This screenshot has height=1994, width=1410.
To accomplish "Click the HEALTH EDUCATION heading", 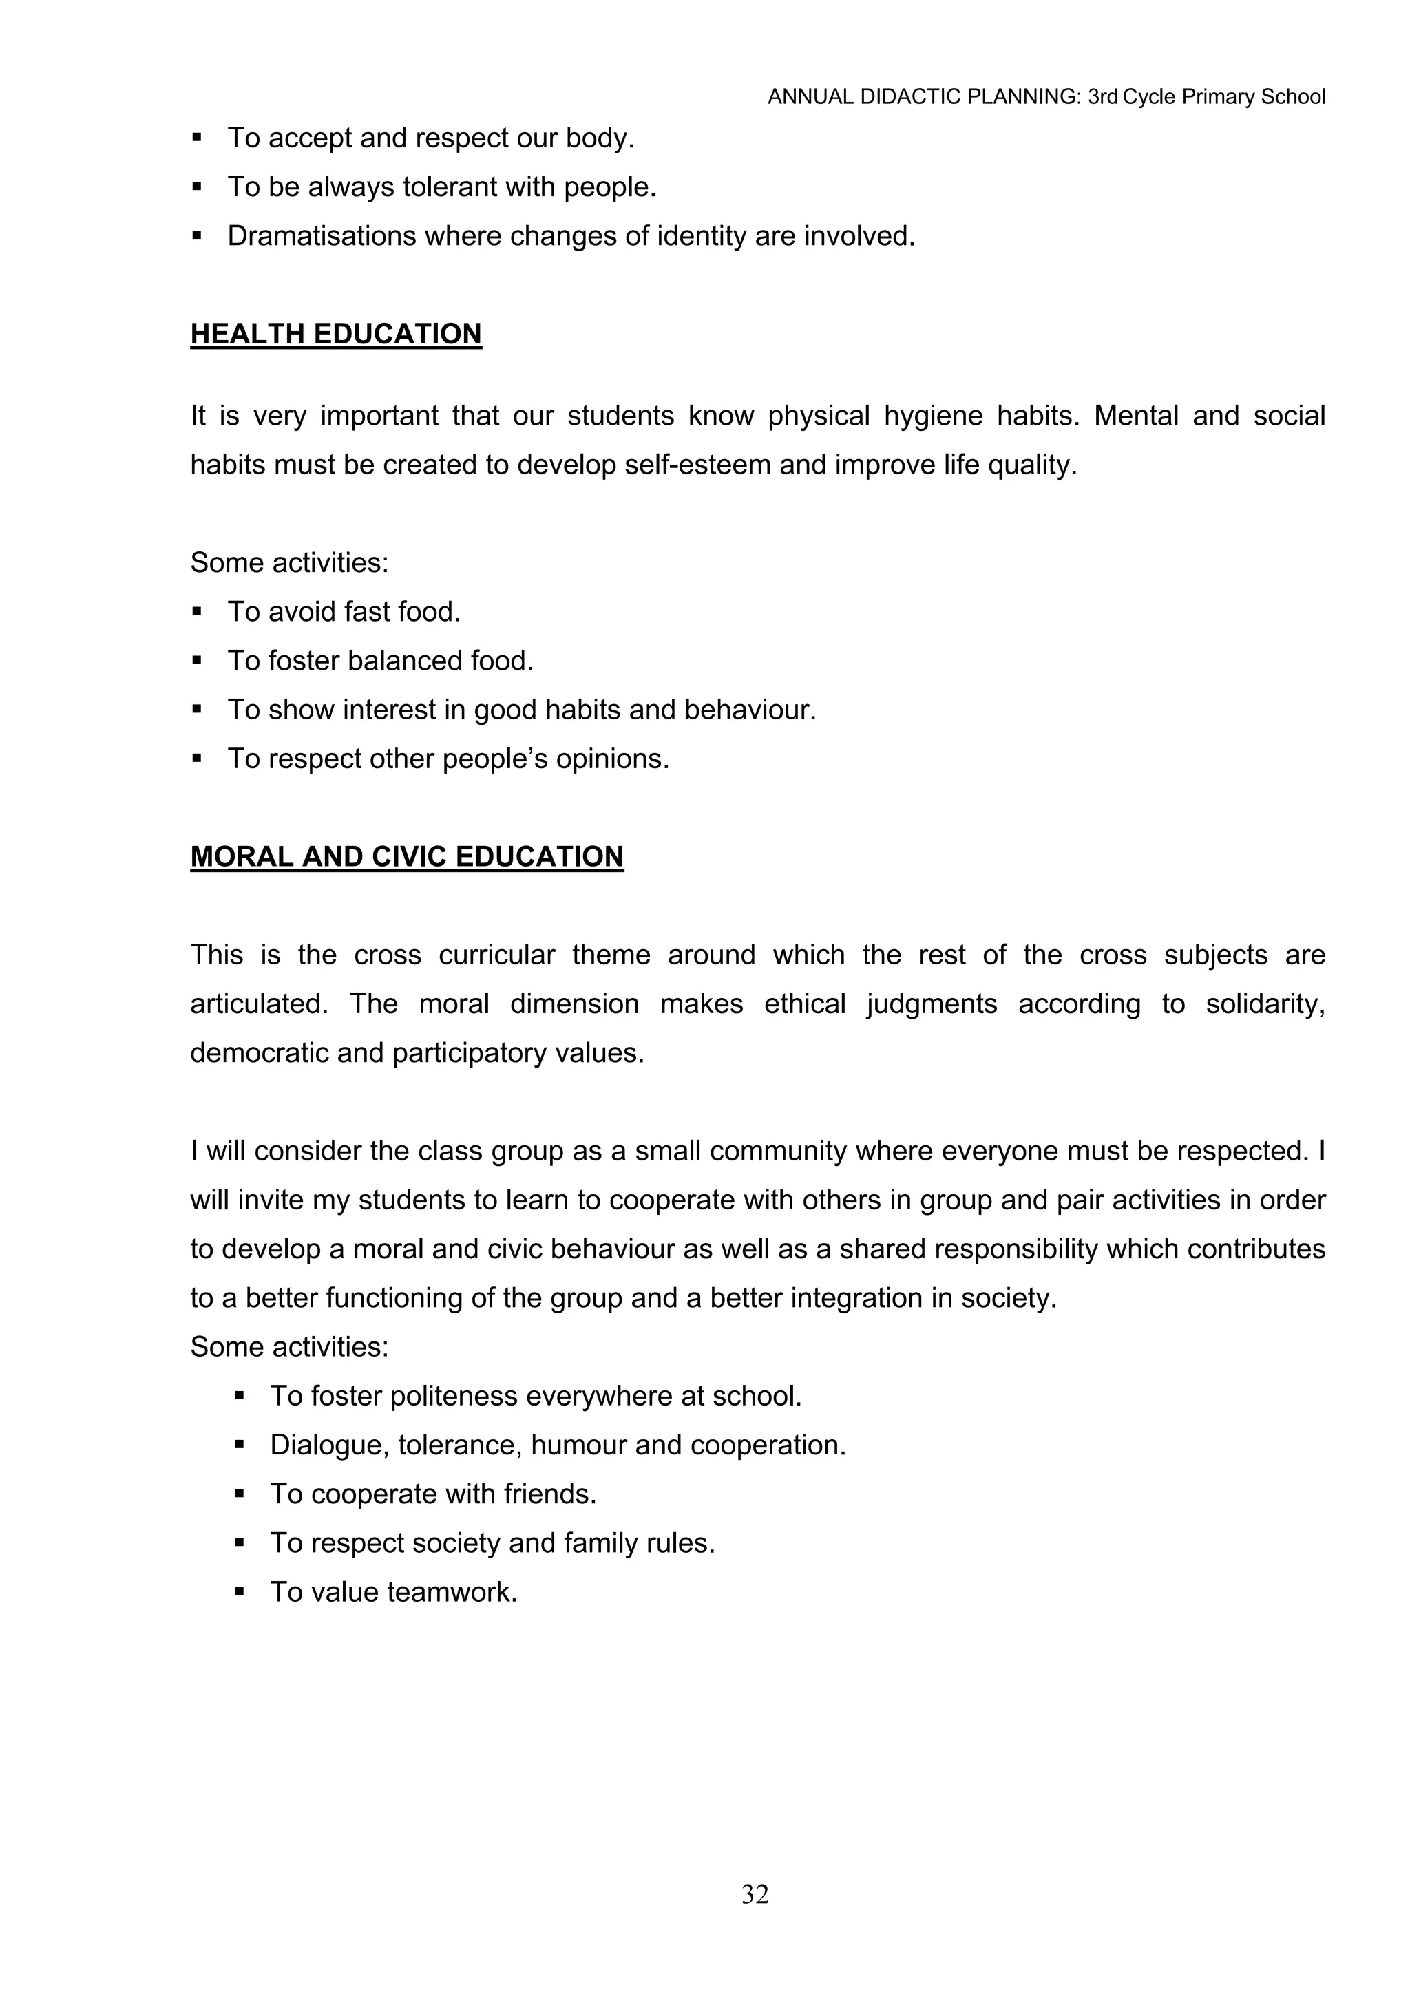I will point(335,335).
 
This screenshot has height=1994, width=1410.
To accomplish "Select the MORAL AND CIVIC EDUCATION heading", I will point(407,856).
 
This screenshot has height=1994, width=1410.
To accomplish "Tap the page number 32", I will point(755,1894).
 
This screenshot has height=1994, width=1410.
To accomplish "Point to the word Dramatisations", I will point(322,236).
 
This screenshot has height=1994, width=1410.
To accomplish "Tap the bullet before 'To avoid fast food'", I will point(197,613).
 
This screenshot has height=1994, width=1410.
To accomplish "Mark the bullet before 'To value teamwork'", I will point(240,1593).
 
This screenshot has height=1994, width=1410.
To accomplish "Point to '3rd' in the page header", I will point(1102,97).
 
